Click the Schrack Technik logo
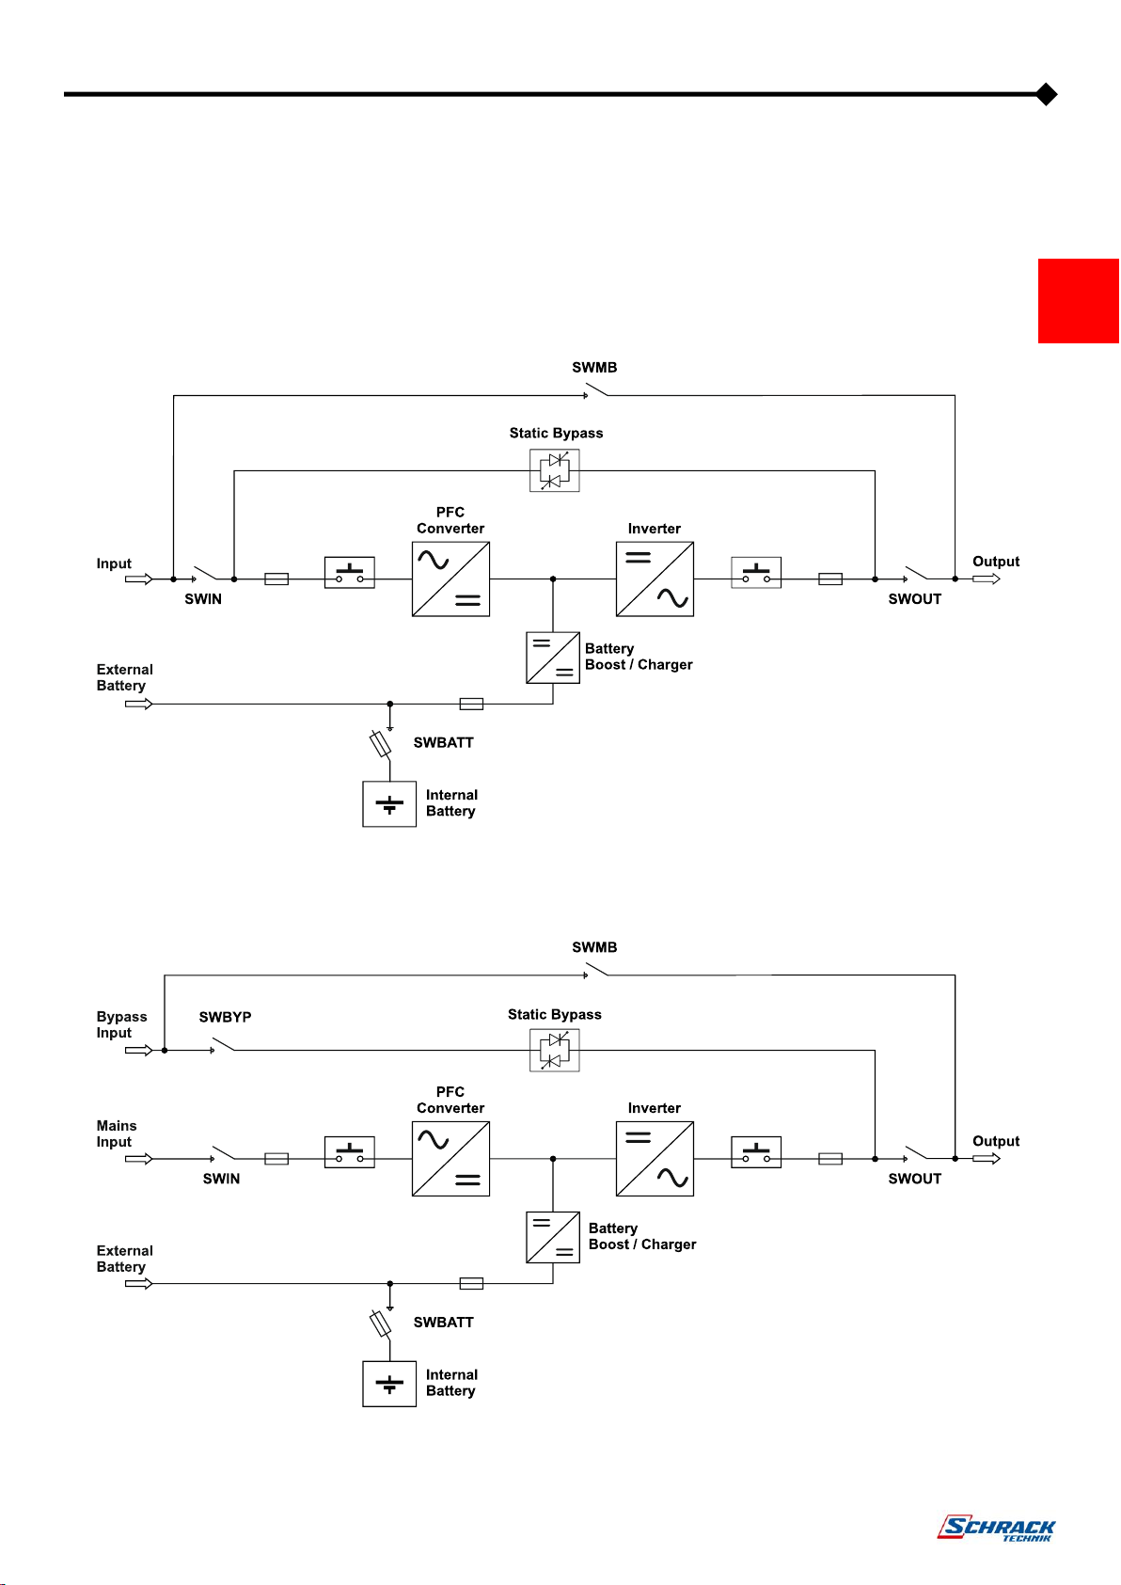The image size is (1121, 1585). (996, 1527)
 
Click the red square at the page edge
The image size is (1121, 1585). (1079, 301)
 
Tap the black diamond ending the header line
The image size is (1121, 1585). (1046, 94)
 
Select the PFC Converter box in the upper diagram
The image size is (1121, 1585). (450, 579)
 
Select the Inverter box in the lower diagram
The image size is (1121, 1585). (655, 1158)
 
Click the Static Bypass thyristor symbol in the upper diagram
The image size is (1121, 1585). (555, 470)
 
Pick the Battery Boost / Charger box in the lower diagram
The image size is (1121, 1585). (553, 1237)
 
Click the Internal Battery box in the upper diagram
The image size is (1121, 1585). (389, 804)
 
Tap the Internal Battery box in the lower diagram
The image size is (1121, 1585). (389, 1384)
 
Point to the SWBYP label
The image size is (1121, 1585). (225, 1017)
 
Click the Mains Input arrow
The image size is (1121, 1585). (138, 1158)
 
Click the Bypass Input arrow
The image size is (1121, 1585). (138, 1050)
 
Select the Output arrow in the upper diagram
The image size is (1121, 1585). (987, 579)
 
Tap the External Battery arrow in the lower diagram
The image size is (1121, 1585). (138, 1284)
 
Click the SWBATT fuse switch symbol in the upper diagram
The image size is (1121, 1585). (381, 744)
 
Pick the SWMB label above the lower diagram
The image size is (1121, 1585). (594, 946)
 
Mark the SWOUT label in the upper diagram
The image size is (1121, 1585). (915, 598)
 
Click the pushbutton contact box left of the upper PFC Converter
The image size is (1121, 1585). (350, 573)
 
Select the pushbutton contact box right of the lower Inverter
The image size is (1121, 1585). (756, 1152)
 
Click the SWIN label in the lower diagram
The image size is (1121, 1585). (221, 1178)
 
